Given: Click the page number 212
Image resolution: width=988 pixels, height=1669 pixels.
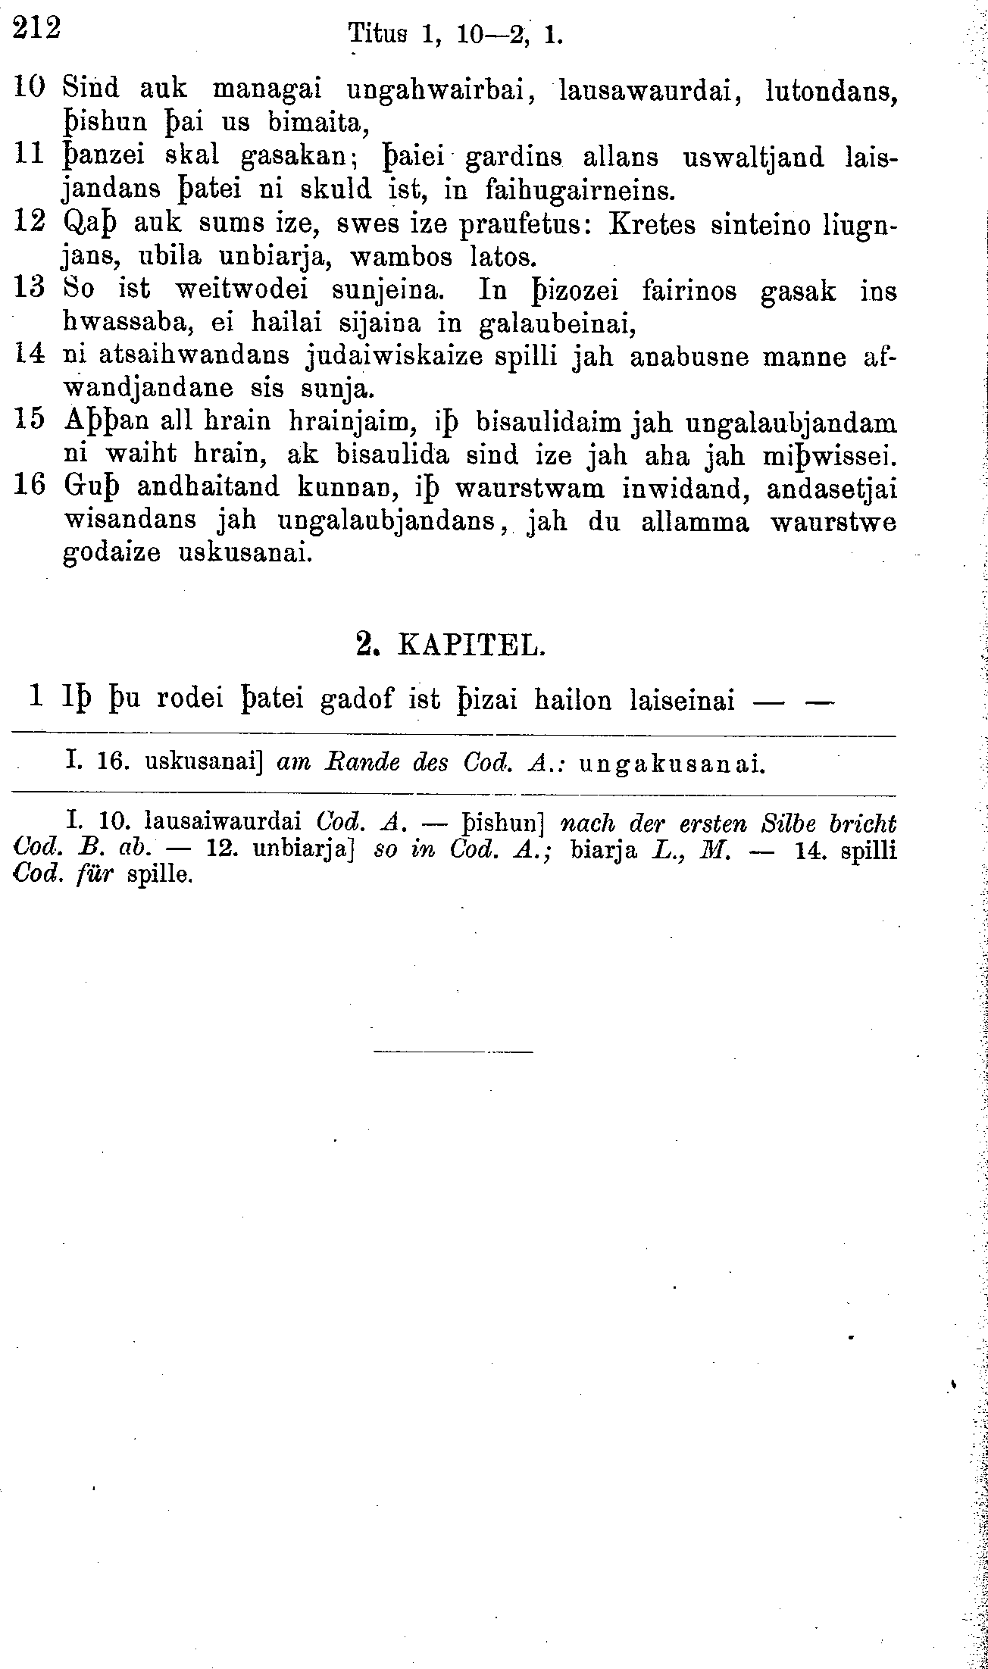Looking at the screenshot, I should tap(36, 28).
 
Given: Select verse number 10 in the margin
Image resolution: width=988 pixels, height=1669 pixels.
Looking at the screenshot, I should tap(30, 88).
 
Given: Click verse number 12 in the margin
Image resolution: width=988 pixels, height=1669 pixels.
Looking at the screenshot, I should tap(30, 223).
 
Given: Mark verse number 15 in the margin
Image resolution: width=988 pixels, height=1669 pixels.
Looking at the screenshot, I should tap(30, 420).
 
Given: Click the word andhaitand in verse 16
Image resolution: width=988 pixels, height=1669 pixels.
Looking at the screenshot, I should tap(199, 487).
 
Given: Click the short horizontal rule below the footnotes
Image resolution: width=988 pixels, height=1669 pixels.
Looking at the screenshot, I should tap(453, 1051).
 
